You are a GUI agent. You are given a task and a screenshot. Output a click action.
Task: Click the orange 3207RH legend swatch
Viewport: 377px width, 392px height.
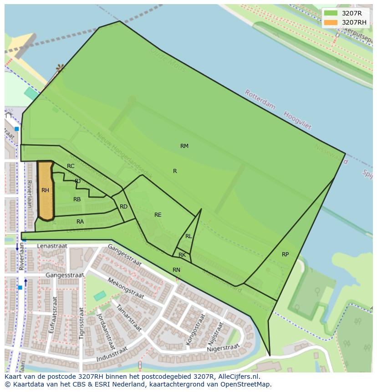tap(331, 22)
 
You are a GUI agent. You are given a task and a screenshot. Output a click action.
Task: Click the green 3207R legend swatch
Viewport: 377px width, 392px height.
tap(331, 13)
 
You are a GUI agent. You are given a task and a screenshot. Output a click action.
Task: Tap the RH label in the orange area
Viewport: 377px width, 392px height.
tap(45, 190)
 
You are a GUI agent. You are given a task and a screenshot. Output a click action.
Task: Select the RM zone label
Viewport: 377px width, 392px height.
tap(184, 146)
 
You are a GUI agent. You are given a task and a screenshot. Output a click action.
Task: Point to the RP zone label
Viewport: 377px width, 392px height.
tap(285, 255)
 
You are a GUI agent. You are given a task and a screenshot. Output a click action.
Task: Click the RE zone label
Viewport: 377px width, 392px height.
tap(158, 215)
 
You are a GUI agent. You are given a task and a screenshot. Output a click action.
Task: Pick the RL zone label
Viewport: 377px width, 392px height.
tap(188, 236)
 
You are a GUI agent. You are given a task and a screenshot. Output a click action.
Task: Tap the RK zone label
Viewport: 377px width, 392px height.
tap(182, 255)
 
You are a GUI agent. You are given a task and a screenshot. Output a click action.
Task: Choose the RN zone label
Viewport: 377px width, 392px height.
tap(176, 270)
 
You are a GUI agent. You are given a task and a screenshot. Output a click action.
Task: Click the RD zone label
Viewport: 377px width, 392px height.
tap(123, 207)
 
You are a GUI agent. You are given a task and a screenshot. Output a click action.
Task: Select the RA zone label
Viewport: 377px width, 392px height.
tap(80, 222)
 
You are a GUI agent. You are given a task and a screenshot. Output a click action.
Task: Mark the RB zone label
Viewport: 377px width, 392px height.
tap(77, 199)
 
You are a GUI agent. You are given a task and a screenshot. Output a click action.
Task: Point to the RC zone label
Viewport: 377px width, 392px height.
tap(71, 166)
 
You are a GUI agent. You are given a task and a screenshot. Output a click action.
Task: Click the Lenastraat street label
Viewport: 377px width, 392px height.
tap(52, 246)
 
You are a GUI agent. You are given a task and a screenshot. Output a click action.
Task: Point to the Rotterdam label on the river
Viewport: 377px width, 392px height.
tap(260, 100)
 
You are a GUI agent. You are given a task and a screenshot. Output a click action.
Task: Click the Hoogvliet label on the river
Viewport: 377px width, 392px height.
tap(297, 120)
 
